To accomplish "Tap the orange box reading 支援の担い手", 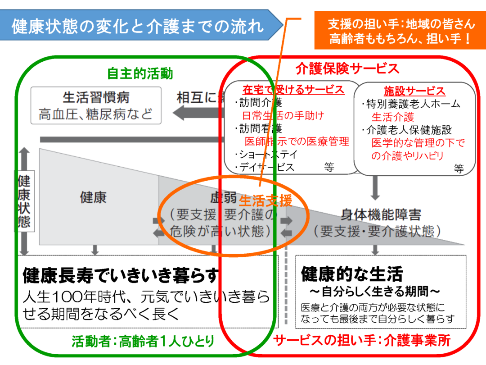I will coord(400,30).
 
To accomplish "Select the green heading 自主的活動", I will coord(140,73).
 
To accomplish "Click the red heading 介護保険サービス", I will coord(347,68).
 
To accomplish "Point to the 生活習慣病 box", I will coord(96,105).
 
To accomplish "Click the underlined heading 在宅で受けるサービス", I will coord(293,90).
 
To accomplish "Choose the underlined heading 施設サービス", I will coord(414,91).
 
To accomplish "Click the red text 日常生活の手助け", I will coord(283,115).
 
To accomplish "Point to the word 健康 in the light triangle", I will coord(93,197).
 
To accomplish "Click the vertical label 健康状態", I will coord(24,201).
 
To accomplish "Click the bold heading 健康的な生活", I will coord(352,273).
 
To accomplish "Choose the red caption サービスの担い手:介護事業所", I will coord(362,341).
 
